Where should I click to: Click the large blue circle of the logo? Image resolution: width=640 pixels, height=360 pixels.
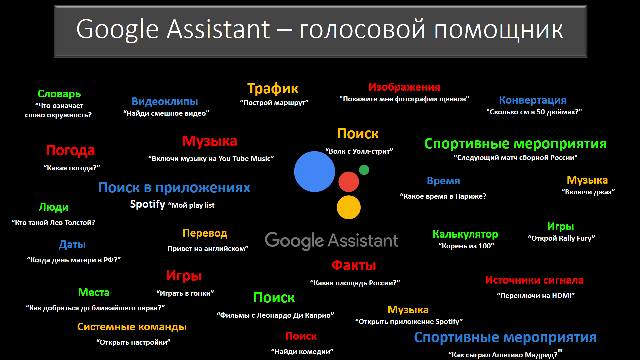click(314, 172)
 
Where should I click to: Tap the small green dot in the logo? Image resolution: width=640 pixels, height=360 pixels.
click(364, 170)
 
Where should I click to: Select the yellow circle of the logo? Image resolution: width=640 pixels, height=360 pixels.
click(349, 207)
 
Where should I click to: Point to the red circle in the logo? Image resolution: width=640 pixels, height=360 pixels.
click(349, 182)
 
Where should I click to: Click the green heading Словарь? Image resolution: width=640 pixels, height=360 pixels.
click(59, 94)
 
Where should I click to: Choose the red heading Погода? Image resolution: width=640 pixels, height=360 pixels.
click(70, 150)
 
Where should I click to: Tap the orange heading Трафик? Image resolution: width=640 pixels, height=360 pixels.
click(273, 89)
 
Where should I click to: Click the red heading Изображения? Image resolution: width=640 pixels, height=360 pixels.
click(404, 87)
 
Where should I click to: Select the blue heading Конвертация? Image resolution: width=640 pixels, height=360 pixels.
click(533, 100)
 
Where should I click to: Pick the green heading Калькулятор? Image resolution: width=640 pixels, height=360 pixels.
click(465, 234)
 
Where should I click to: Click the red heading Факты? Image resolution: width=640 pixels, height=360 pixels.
click(354, 266)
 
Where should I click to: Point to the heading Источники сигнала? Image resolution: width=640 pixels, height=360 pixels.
click(534, 280)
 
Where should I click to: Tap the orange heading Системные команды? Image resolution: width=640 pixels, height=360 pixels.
click(132, 327)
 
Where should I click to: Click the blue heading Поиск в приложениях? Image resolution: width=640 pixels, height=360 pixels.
click(174, 188)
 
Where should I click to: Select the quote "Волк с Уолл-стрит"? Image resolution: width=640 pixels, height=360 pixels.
click(359, 151)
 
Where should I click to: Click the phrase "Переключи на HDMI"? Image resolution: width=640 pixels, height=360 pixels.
click(536, 296)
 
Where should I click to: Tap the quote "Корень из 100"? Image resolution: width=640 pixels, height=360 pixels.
click(466, 246)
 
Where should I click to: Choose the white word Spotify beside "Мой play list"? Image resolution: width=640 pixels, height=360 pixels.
click(147, 204)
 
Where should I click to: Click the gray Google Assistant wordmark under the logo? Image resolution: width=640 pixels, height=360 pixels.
click(331, 241)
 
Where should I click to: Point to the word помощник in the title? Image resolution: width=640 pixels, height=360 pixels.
click(498, 30)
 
